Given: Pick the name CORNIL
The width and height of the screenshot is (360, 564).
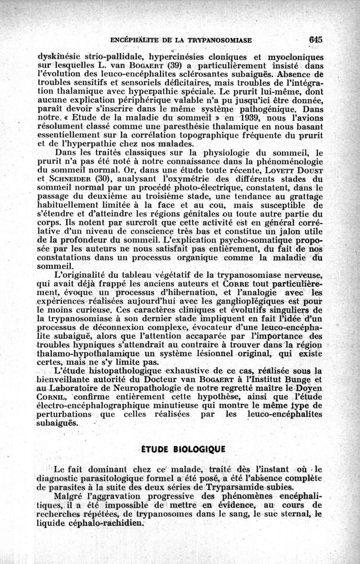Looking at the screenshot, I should [53, 397].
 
